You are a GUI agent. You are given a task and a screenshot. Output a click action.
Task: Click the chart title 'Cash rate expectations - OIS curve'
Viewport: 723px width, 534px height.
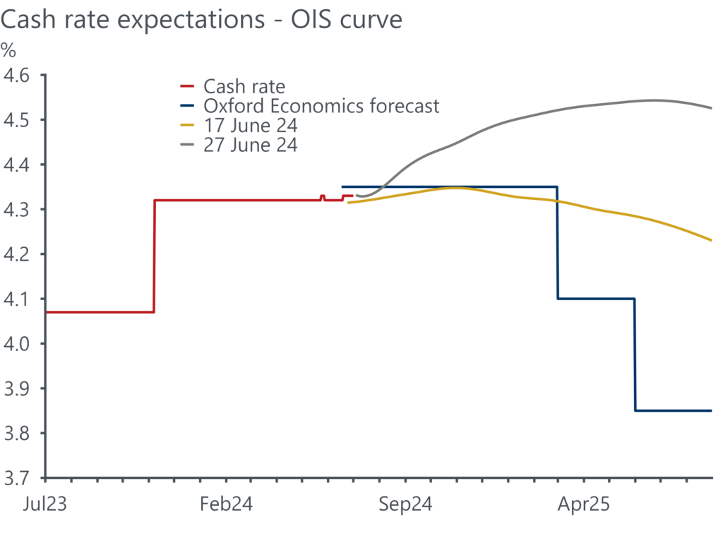click(x=201, y=19)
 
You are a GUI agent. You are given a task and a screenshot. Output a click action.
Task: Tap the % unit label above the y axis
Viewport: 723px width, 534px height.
click(x=9, y=51)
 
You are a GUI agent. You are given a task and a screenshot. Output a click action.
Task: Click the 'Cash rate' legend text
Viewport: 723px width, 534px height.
click(x=244, y=87)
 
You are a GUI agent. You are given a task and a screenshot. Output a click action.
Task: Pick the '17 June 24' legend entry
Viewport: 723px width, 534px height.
click(x=251, y=126)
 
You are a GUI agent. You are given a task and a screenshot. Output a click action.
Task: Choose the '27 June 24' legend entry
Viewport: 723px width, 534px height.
click(x=251, y=146)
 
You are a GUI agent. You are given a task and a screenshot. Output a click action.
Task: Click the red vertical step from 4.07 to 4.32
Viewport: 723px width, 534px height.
click(x=154, y=256)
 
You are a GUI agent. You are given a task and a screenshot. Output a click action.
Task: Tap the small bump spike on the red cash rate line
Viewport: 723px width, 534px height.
click(x=322, y=196)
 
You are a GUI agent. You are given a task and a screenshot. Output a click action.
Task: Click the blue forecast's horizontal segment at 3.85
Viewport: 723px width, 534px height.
click(x=674, y=410)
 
